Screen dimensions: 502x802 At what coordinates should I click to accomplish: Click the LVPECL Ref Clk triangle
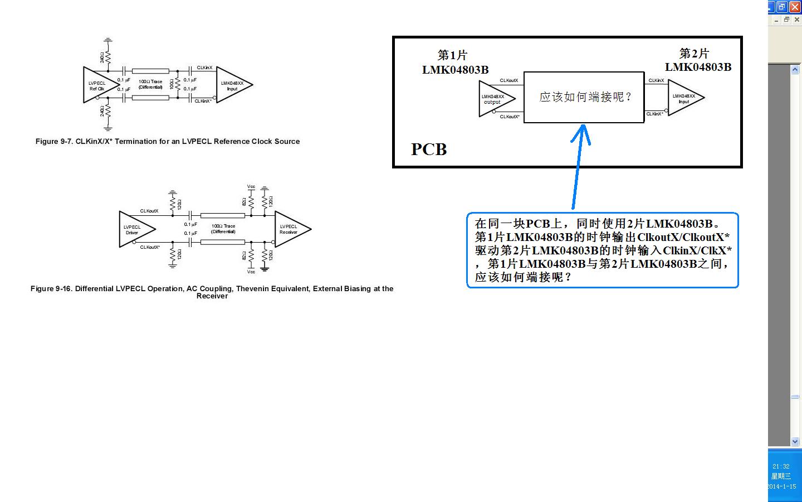98,85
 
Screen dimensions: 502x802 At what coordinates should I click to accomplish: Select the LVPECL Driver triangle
134,229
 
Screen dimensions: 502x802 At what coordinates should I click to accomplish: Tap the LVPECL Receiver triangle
289,229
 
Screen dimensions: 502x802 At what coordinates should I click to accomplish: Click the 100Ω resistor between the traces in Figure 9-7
178,84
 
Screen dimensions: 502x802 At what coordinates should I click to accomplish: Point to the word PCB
429,149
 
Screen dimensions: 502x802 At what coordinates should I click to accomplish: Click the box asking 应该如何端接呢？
584,97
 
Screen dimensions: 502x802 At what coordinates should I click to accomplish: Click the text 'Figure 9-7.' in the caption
54,142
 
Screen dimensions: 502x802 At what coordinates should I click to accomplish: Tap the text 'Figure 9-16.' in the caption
51,289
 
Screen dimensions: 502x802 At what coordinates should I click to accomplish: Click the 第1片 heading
452,55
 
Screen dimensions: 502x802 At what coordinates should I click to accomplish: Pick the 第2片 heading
694,54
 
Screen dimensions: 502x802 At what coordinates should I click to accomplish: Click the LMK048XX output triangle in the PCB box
494,99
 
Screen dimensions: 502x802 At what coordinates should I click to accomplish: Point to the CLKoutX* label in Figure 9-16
150,247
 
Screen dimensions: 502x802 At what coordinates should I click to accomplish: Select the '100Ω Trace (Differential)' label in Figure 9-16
223,229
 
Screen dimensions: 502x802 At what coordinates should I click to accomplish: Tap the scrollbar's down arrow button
795,441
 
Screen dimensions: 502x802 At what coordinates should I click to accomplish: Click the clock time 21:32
781,466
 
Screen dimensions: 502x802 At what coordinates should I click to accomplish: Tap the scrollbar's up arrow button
795,69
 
